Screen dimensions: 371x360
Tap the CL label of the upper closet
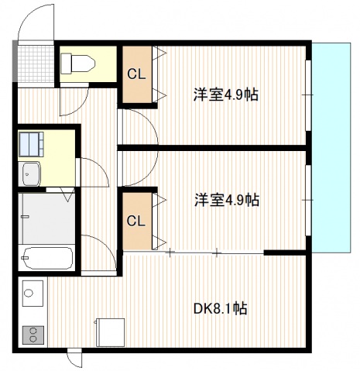(136, 75)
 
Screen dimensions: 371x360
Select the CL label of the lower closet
(136, 221)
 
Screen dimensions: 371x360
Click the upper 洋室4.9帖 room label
(225, 95)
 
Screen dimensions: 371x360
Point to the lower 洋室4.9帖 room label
(226, 200)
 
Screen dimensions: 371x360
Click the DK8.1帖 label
(220, 308)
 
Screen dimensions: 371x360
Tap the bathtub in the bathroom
(47, 257)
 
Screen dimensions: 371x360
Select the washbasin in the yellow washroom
(32, 174)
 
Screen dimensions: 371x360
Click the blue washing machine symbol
(32, 143)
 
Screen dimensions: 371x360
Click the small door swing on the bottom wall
(74, 359)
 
